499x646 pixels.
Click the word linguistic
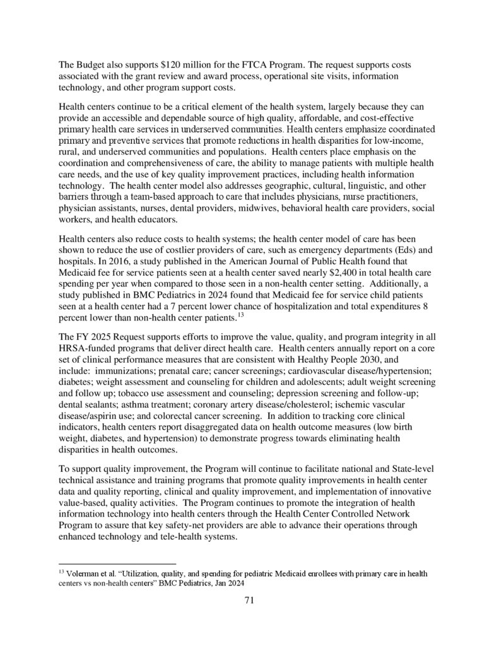pyautogui.click(x=346, y=185)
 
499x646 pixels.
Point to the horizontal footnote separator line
pyautogui.click(x=117, y=563)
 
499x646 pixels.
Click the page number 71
pyautogui.click(x=249, y=601)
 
